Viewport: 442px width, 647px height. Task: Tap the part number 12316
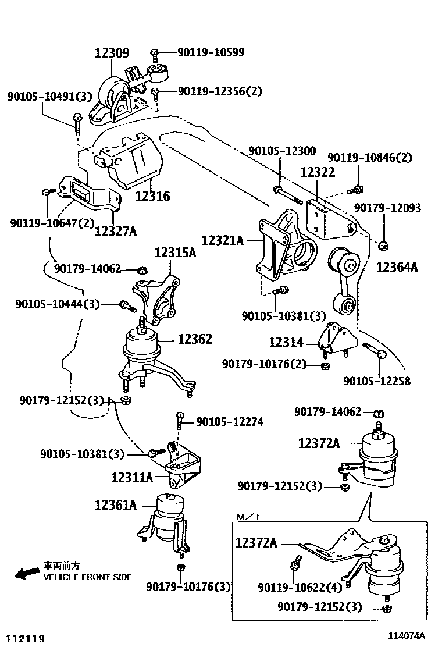[153, 196]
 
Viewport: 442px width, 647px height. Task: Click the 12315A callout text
[175, 253]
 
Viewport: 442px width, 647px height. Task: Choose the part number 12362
[195, 339]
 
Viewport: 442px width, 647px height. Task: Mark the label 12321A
[223, 240]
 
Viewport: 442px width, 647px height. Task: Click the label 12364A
[397, 267]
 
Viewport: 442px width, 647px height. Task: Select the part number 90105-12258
[376, 381]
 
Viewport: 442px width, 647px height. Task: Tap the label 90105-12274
[230, 421]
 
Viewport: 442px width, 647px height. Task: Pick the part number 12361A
[115, 505]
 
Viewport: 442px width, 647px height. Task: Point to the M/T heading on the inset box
[249, 517]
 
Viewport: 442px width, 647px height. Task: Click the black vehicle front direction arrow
[25, 573]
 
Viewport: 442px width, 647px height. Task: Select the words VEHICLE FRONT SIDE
[88, 577]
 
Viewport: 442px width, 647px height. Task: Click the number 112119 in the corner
[26, 639]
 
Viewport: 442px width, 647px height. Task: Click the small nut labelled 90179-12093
[383, 246]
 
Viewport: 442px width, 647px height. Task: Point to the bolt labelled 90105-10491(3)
[77, 120]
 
